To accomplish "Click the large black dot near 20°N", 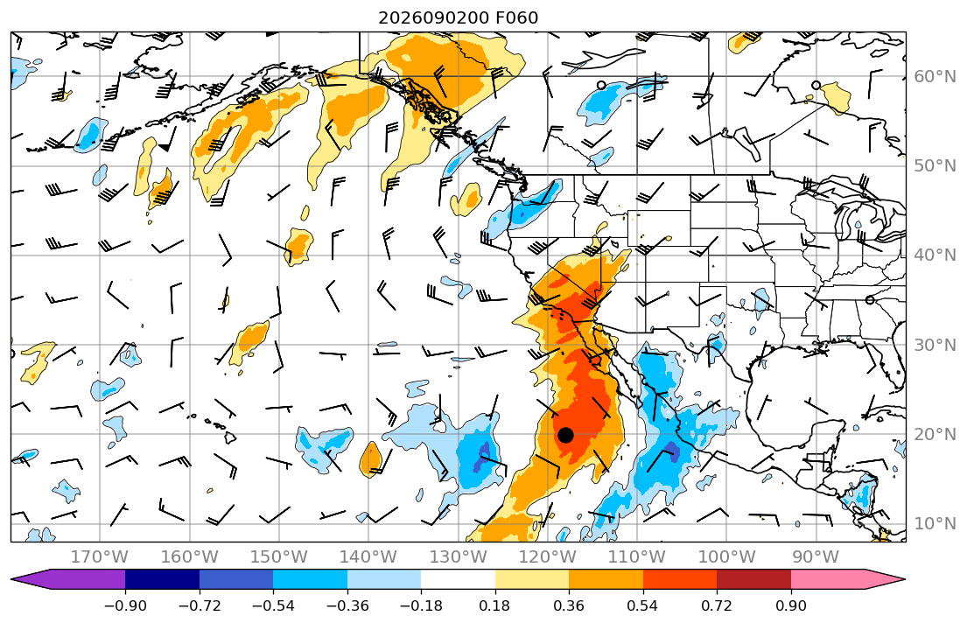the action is tap(565, 435).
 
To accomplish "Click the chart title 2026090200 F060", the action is tap(459, 17).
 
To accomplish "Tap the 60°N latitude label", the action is tap(935, 76).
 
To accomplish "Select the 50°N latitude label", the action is tap(935, 166).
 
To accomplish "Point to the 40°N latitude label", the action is tap(935, 255).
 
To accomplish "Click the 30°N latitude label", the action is tap(935, 345).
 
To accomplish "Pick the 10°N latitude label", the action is tap(935, 524).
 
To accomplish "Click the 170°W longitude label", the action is tap(100, 557).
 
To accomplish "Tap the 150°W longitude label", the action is tap(279, 557).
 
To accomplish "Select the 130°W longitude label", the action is tap(459, 557).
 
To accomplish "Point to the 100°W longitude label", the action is tap(726, 557).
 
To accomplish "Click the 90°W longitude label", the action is tap(816, 557).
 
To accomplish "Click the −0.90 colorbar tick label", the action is tap(125, 605).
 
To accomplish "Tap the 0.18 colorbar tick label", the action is tap(495, 605).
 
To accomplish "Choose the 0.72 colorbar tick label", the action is tap(717, 605).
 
